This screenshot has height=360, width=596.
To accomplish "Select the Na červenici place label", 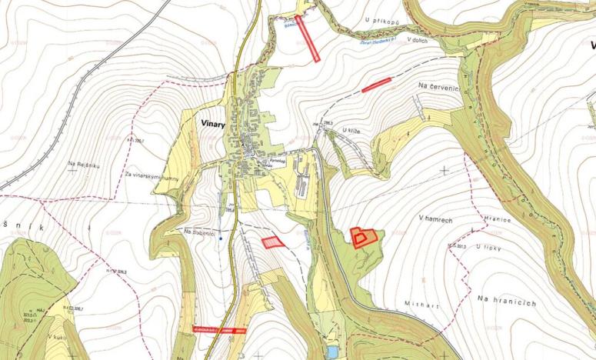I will point(439,87).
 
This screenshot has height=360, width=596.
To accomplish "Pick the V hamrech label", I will point(434,218).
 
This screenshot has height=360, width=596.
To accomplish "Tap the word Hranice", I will point(498,218).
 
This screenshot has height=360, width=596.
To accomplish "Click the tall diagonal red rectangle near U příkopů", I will point(308,38).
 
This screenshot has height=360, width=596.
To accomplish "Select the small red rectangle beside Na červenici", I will point(377,85).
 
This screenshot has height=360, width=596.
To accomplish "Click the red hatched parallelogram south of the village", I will point(272,242).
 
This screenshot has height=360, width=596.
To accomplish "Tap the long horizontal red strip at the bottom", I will point(219,329).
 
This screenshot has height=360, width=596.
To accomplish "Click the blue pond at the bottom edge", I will point(331,352).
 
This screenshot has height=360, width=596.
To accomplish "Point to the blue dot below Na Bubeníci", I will point(221,238).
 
